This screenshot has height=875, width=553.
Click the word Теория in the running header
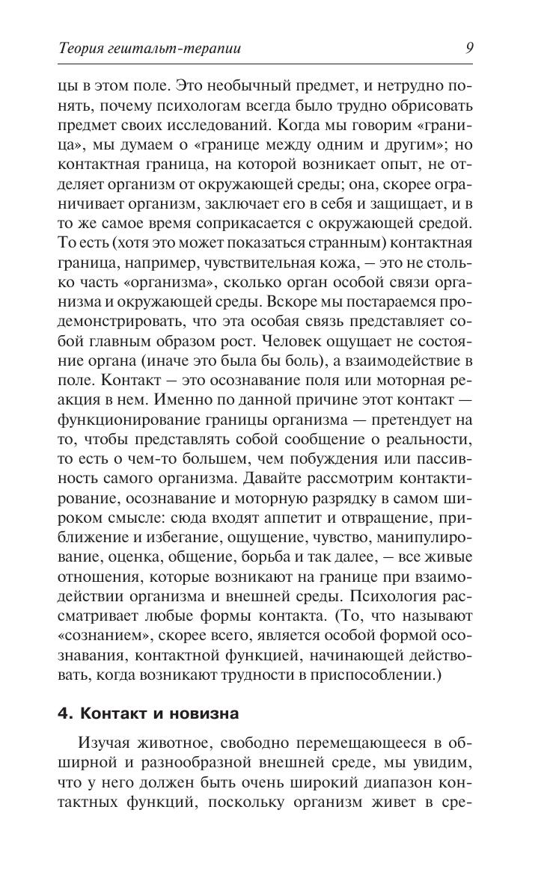pos(85,49)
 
